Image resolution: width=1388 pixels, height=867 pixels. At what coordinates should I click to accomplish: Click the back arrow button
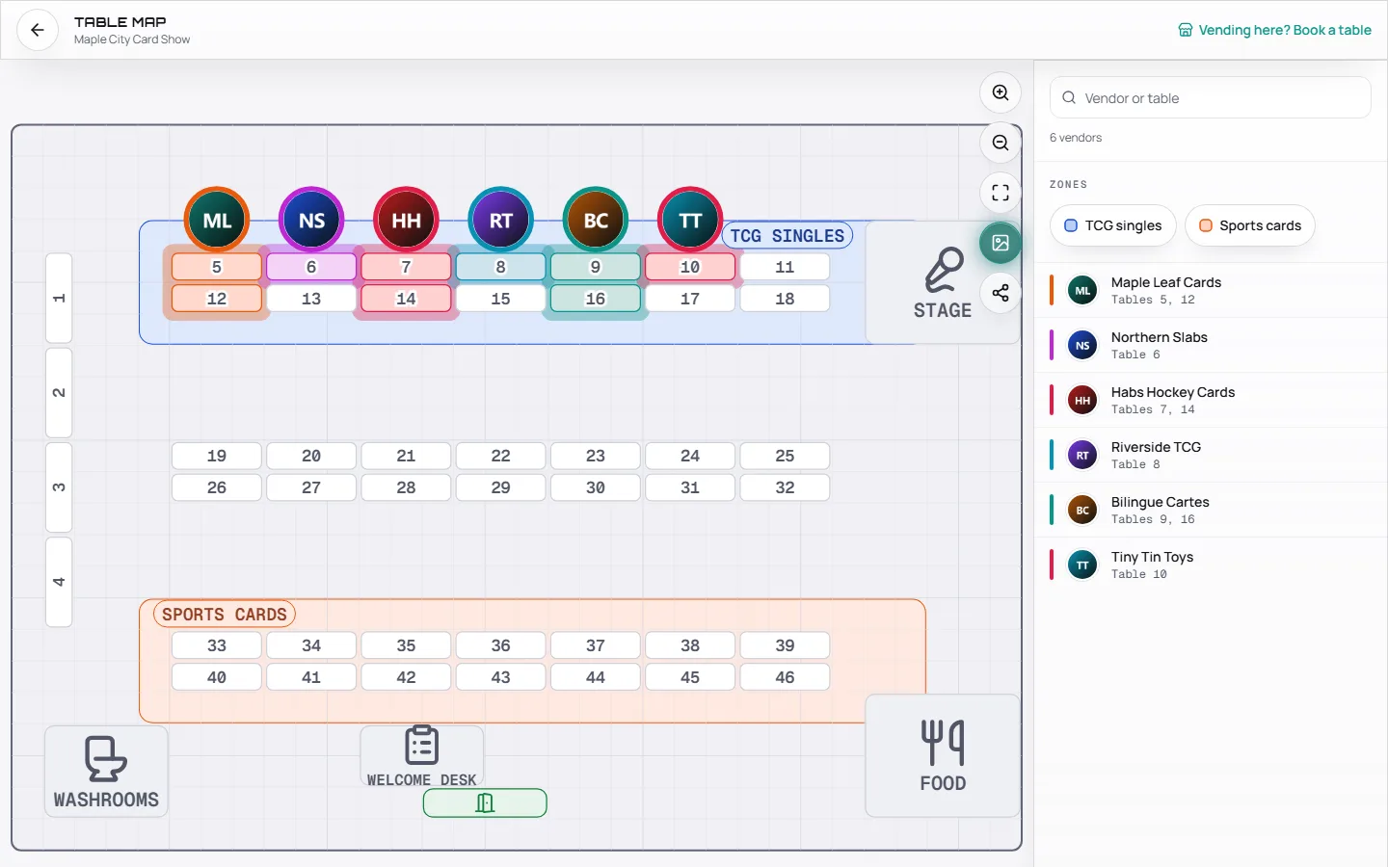coord(38,30)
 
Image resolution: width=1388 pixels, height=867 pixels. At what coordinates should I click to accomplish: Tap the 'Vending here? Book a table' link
coord(1274,30)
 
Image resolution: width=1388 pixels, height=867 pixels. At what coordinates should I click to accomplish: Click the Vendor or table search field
coord(1211,98)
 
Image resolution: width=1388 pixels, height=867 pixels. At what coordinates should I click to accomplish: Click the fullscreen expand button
coord(1001,193)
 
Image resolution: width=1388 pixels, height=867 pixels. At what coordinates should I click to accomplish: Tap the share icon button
coord(1001,293)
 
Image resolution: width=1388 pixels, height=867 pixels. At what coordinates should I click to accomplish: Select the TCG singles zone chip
coord(1113,225)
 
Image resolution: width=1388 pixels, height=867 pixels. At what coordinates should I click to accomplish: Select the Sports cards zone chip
coord(1250,225)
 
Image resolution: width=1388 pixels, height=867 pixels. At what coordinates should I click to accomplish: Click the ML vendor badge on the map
coord(217,220)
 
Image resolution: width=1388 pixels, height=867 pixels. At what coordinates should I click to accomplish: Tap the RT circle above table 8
coord(500,220)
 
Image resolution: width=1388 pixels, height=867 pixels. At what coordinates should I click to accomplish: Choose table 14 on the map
coord(406,299)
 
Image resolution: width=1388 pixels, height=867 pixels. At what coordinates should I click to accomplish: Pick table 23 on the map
coord(596,456)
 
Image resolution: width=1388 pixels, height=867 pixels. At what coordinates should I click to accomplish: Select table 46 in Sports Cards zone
coord(785,677)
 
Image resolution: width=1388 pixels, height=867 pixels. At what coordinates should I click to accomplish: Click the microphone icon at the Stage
coord(944,270)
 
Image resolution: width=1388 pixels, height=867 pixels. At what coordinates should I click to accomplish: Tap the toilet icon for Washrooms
coord(106,759)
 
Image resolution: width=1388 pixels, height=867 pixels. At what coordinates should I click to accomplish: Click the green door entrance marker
coord(485,803)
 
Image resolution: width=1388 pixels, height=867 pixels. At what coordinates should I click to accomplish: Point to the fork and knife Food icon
coord(943,742)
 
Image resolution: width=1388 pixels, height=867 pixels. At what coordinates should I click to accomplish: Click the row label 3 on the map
coord(59,487)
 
